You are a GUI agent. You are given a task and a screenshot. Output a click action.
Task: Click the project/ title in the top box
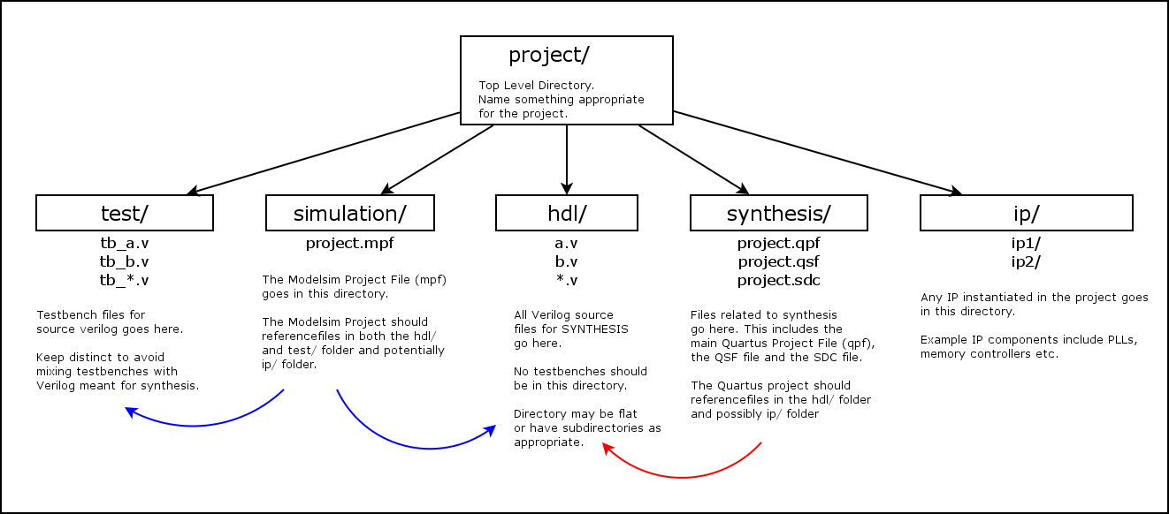click(x=548, y=55)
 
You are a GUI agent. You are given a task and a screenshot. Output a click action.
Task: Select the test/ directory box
click(x=124, y=213)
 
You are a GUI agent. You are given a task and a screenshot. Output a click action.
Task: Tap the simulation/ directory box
click(x=349, y=213)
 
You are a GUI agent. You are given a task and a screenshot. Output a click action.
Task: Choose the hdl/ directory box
click(x=566, y=213)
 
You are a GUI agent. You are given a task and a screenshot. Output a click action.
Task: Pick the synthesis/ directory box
click(x=778, y=213)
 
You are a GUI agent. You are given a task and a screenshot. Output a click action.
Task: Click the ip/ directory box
click(x=1026, y=213)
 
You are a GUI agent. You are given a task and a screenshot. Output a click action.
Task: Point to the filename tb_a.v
click(x=124, y=243)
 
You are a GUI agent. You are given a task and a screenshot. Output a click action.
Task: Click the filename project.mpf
click(x=349, y=243)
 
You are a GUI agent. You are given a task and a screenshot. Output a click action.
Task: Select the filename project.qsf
click(x=778, y=261)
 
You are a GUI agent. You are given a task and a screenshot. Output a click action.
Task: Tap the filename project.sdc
click(x=778, y=281)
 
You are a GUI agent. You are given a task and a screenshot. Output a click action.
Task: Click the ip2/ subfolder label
click(x=1026, y=261)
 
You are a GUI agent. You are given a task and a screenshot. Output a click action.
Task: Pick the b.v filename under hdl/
click(x=566, y=261)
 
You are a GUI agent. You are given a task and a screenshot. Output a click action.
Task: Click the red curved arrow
click(x=681, y=476)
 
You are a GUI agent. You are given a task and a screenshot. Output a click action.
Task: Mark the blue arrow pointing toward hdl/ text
click(x=416, y=447)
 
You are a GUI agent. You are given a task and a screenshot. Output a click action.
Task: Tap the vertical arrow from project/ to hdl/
click(x=566, y=159)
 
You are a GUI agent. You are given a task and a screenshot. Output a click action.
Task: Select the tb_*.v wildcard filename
click(x=124, y=281)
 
